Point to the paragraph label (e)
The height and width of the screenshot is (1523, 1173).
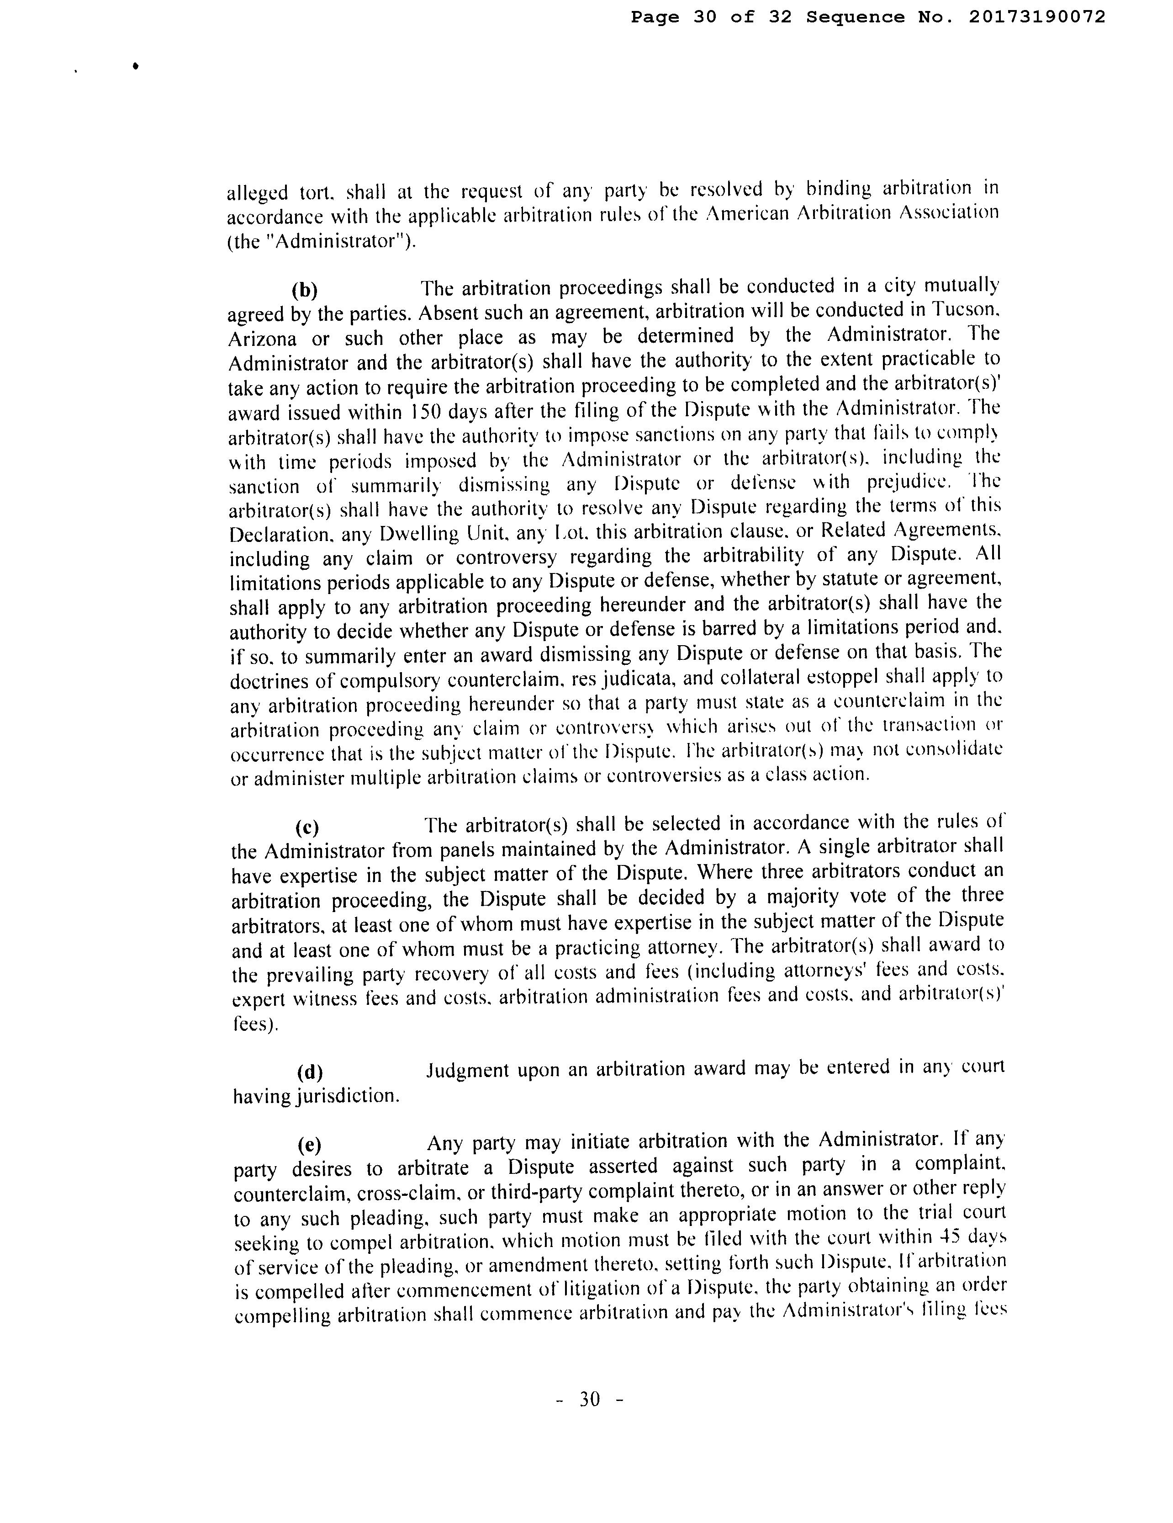(x=309, y=1145)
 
